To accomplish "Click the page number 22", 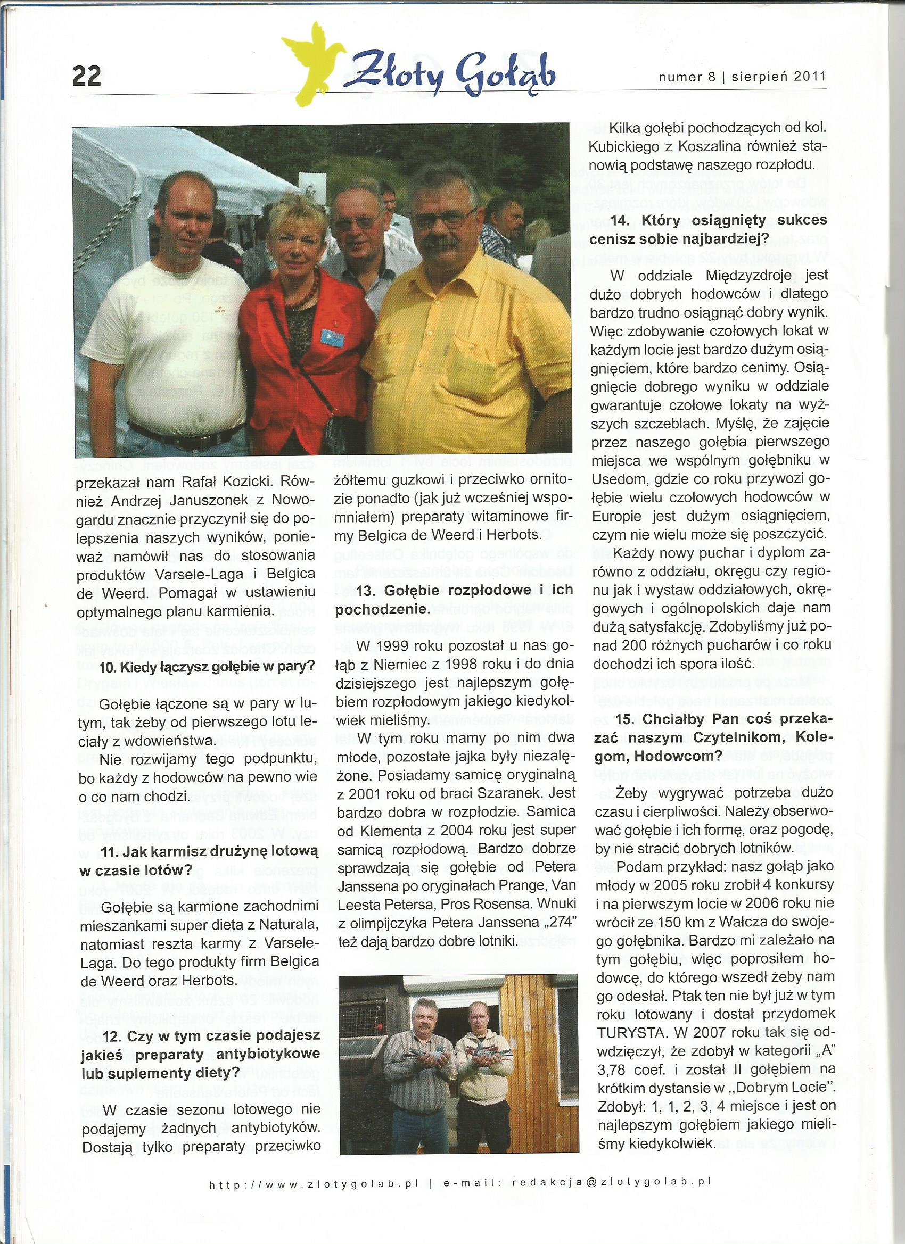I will (x=87, y=75).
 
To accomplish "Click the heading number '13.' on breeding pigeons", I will (x=367, y=591).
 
